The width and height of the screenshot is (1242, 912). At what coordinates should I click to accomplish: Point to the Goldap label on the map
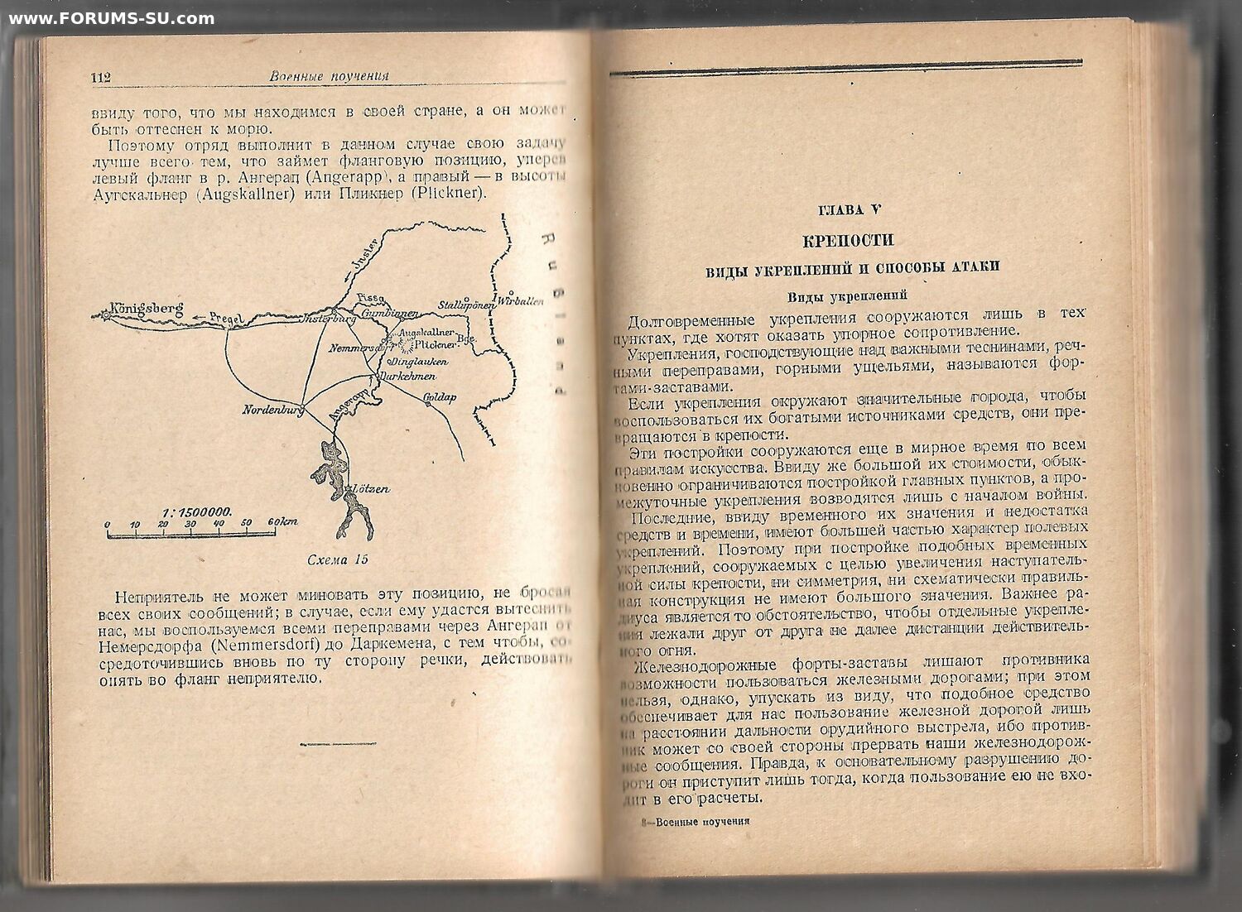pyautogui.click(x=440, y=398)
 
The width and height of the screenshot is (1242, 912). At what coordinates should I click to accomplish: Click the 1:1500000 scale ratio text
pyautogui.click(x=198, y=511)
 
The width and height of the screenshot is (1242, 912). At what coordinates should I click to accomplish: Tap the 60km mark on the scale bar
pyautogui.click(x=283, y=522)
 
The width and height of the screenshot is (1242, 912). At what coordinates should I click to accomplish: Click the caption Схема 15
pyautogui.click(x=337, y=559)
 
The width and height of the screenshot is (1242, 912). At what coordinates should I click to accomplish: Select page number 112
pyautogui.click(x=100, y=77)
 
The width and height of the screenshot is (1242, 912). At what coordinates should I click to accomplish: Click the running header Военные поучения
pyautogui.click(x=329, y=76)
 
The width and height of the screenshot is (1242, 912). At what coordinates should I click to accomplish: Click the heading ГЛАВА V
pyautogui.click(x=849, y=210)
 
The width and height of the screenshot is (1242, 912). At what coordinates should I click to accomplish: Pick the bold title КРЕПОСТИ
pyautogui.click(x=849, y=240)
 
